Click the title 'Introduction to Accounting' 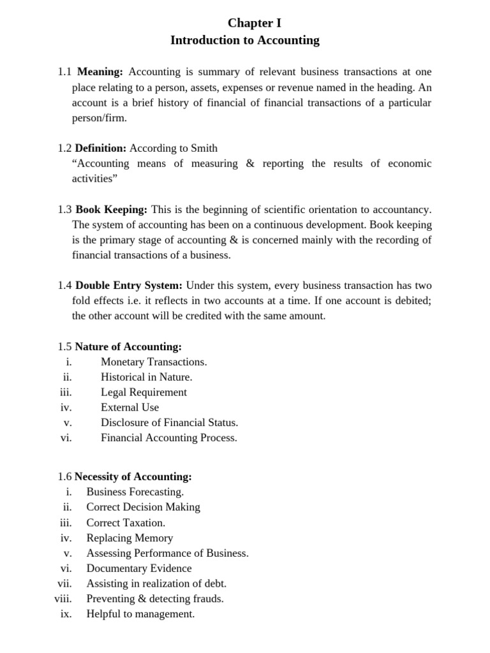pos(244,41)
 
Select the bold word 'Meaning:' pos(100,72)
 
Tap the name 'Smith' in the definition pos(204,149)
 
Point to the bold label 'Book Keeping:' pos(112,210)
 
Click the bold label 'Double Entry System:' pos(129,286)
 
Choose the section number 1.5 pos(64,347)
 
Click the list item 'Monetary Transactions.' pos(154,362)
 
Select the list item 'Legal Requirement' pos(144,393)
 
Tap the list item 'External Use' pos(130,407)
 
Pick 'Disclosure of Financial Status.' pos(169,423)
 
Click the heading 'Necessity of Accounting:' pos(133,477)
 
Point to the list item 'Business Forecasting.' pos(135,492)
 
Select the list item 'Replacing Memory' pos(130,538)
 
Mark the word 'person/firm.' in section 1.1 pos(100,118)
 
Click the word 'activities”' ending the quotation pos(94,179)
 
